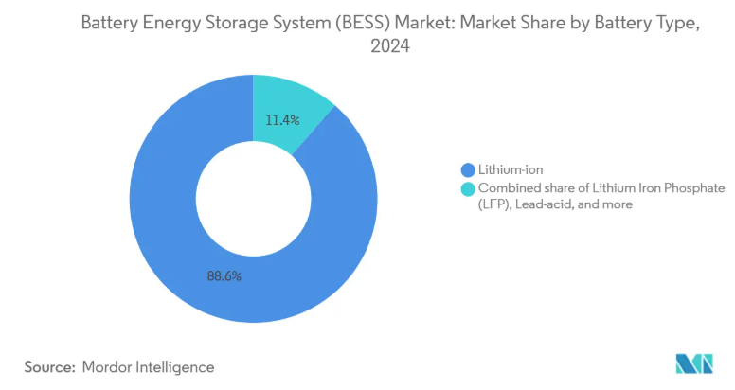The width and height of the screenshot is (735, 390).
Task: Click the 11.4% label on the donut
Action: click(x=282, y=120)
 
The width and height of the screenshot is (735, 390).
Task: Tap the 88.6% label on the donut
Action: click(x=224, y=276)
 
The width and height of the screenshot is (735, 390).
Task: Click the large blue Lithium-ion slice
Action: click(x=170, y=237)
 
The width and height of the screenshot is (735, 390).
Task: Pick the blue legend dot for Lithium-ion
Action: click(x=467, y=170)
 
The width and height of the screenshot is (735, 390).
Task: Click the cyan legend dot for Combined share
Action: click(x=467, y=189)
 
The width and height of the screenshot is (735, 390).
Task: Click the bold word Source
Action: click(x=48, y=366)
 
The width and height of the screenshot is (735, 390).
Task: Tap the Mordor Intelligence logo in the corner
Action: click(x=694, y=363)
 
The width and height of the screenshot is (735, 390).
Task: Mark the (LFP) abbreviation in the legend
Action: click(x=494, y=204)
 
